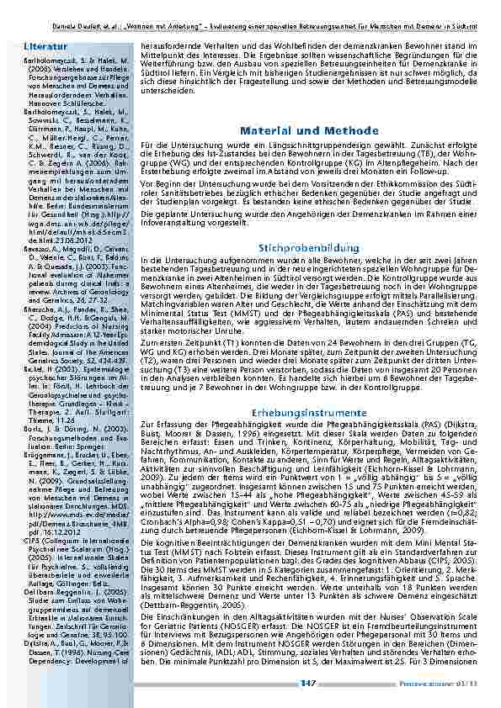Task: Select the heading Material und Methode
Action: point(297,131)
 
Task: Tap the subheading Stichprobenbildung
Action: point(297,249)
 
